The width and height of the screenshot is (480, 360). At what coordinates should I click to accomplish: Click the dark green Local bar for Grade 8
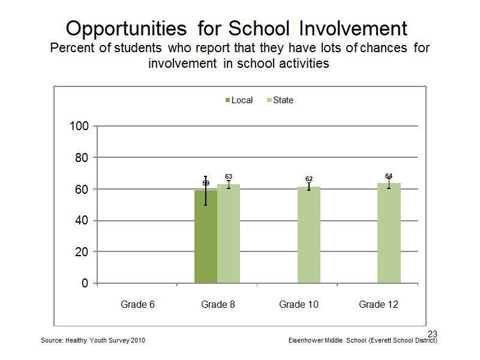point(206,236)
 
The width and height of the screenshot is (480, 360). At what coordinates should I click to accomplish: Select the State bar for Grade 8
point(229,233)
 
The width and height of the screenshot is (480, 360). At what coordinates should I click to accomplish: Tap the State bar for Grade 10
point(309,235)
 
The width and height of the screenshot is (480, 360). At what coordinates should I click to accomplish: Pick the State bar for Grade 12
point(389,233)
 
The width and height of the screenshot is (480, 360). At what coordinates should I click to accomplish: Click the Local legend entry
point(239,100)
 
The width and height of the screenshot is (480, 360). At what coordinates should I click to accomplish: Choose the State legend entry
point(280,100)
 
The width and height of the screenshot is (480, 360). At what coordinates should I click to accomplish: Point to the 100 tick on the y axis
point(79,126)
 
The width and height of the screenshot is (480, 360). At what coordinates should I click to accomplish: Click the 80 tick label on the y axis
point(82,158)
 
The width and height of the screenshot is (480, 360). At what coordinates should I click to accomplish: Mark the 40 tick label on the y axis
point(82,220)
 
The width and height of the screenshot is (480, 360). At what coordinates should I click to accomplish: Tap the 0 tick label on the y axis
point(85,283)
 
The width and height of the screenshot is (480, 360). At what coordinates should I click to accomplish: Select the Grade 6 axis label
point(137,305)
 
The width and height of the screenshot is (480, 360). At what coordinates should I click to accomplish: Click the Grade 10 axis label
point(298,305)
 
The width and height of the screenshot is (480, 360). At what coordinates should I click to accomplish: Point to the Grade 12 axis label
point(379,305)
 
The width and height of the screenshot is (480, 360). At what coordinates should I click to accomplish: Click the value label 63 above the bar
point(229,176)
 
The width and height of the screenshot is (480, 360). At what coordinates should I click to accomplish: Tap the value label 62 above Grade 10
point(309,179)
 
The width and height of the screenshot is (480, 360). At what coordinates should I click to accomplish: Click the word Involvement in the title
point(353,28)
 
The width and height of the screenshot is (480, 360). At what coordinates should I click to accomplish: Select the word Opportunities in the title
point(126,29)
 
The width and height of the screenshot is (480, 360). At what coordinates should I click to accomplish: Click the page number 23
point(433,334)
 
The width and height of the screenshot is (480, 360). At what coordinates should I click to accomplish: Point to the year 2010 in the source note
point(138,340)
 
